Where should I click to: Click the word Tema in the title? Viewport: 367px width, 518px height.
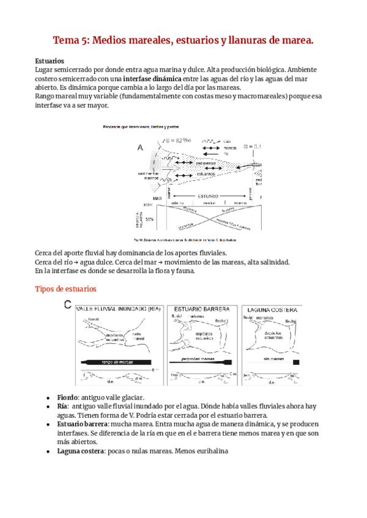(69, 40)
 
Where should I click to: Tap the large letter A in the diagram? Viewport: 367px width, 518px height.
(140, 147)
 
